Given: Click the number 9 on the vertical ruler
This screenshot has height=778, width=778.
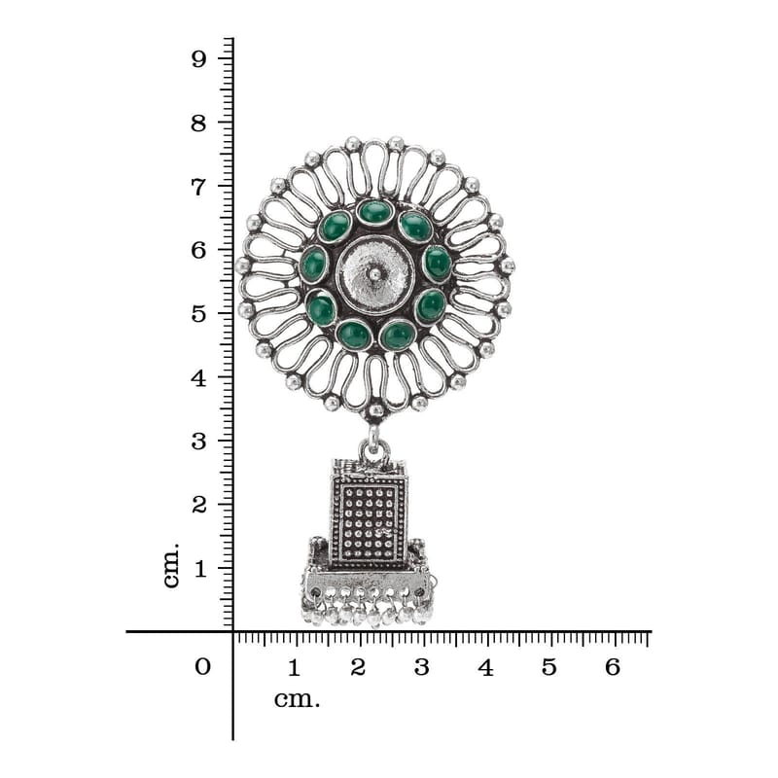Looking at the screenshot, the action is (198, 59).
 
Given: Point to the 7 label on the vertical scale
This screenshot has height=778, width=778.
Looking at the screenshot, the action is (198, 188).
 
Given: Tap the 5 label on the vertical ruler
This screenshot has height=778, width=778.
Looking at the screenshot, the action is (198, 314).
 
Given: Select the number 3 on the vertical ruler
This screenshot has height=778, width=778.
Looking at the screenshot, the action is (198, 442).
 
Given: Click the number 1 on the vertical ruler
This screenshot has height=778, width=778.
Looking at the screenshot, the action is (200, 569).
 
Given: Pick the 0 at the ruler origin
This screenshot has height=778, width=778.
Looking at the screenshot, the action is (202, 667).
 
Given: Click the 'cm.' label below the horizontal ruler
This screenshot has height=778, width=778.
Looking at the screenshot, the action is (298, 700).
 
